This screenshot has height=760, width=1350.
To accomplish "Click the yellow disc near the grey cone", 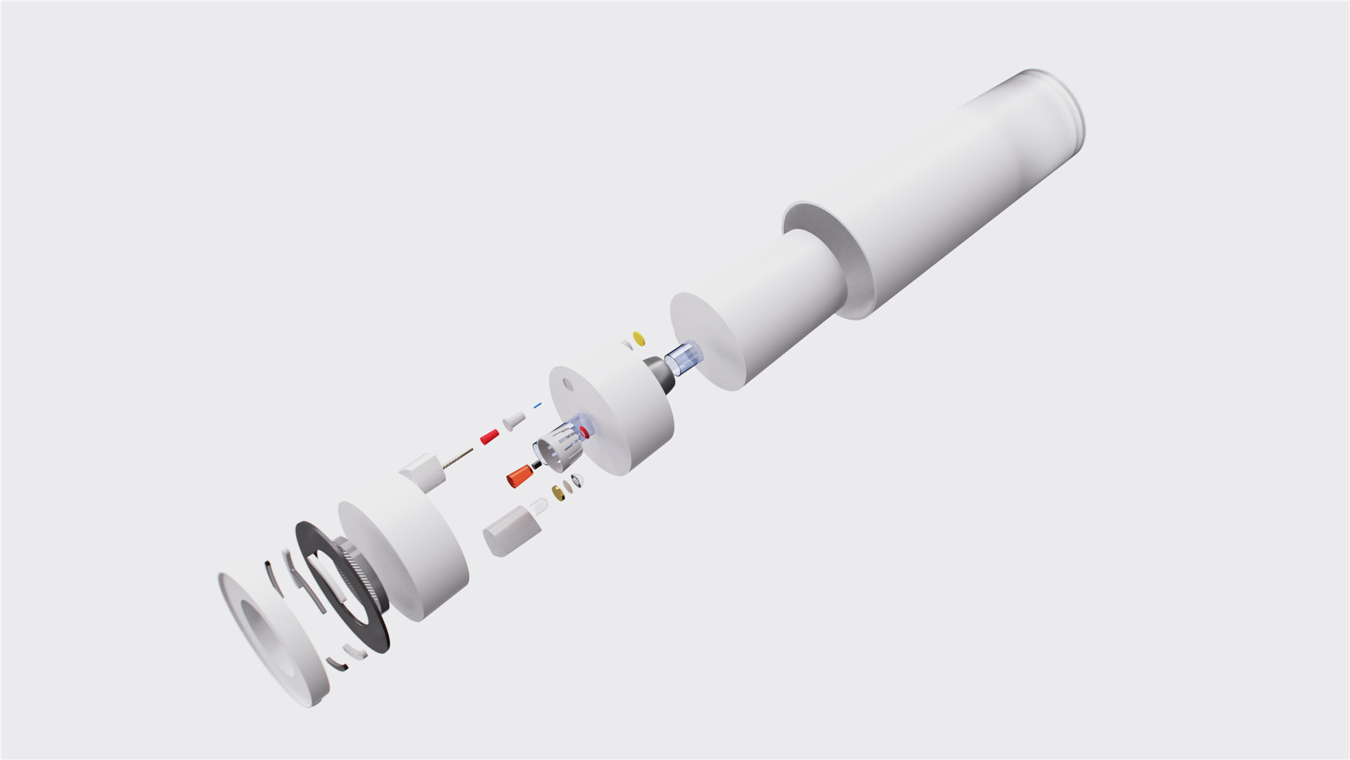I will (x=638, y=338).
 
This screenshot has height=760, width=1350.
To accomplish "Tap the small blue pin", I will (x=539, y=405).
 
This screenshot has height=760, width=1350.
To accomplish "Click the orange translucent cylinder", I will (x=519, y=476).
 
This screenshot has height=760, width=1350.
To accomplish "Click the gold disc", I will (x=560, y=492).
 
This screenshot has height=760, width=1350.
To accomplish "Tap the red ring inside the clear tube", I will (x=584, y=429).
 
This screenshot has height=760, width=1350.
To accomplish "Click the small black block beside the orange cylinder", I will (x=536, y=466).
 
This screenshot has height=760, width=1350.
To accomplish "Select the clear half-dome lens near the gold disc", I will (x=577, y=481).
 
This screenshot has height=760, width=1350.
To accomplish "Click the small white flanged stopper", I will (x=513, y=420).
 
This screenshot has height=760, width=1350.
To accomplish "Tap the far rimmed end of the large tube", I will (x=1058, y=106).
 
